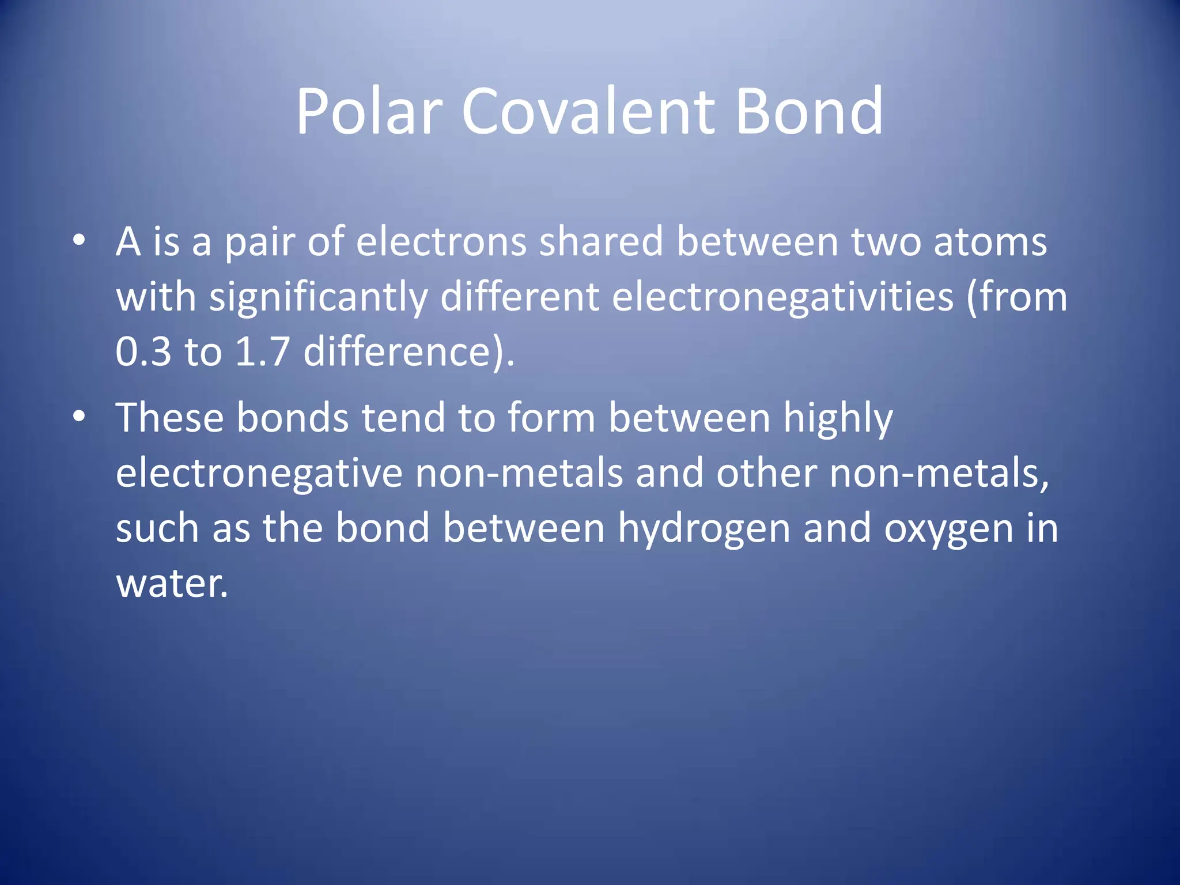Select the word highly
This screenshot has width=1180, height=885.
pyautogui.click(x=838, y=418)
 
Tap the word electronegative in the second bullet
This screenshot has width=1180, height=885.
pyautogui.click(x=259, y=473)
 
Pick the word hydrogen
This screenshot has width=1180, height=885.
pyautogui.click(x=704, y=529)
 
